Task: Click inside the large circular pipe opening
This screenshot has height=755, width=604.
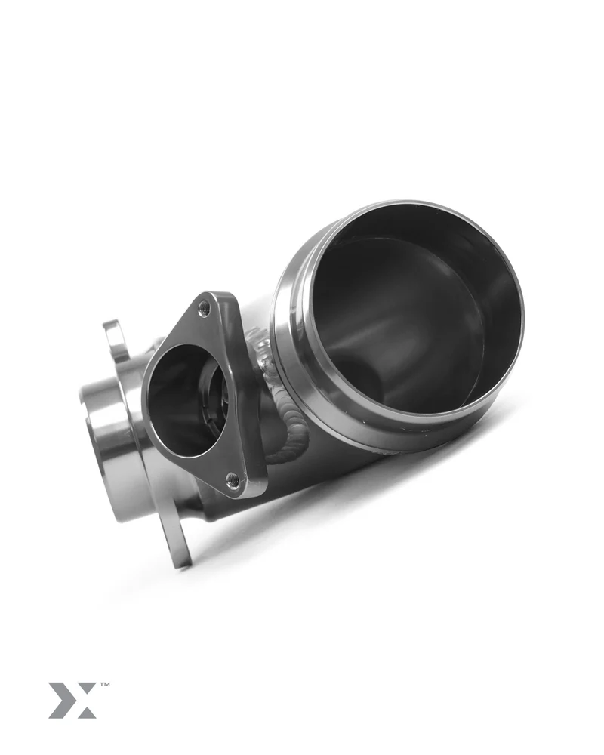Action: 408,317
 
